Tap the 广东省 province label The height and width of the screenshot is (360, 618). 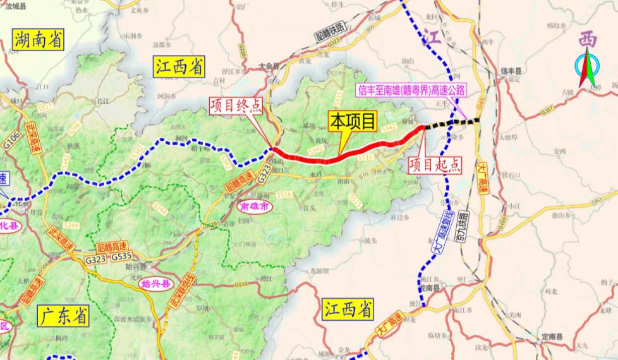tap(63, 315)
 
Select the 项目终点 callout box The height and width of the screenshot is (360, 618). tap(236, 105)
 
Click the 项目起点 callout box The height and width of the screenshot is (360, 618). tap(434, 165)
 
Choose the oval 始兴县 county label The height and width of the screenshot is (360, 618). tap(155, 284)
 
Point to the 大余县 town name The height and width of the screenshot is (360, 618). tap(269, 65)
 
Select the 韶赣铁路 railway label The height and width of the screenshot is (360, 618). tap(328, 32)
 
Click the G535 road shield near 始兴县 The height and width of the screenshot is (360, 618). tap(121, 256)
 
